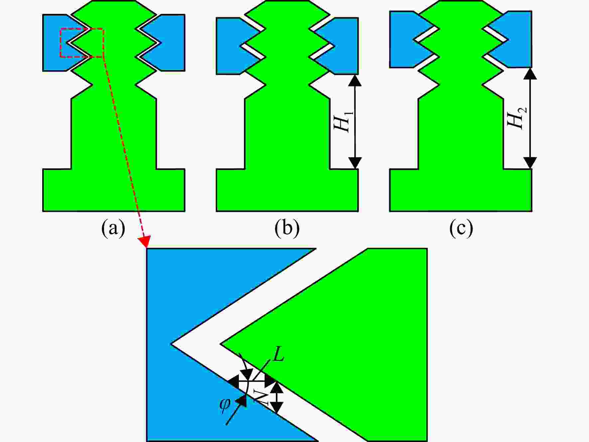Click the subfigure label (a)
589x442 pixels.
click(113, 228)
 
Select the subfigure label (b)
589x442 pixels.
click(287, 228)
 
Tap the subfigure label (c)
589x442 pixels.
click(461, 228)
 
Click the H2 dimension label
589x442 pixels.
click(517, 118)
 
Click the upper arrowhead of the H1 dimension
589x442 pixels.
click(355, 80)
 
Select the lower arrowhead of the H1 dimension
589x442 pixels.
click(355, 163)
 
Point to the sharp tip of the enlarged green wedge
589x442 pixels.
click(221, 343)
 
